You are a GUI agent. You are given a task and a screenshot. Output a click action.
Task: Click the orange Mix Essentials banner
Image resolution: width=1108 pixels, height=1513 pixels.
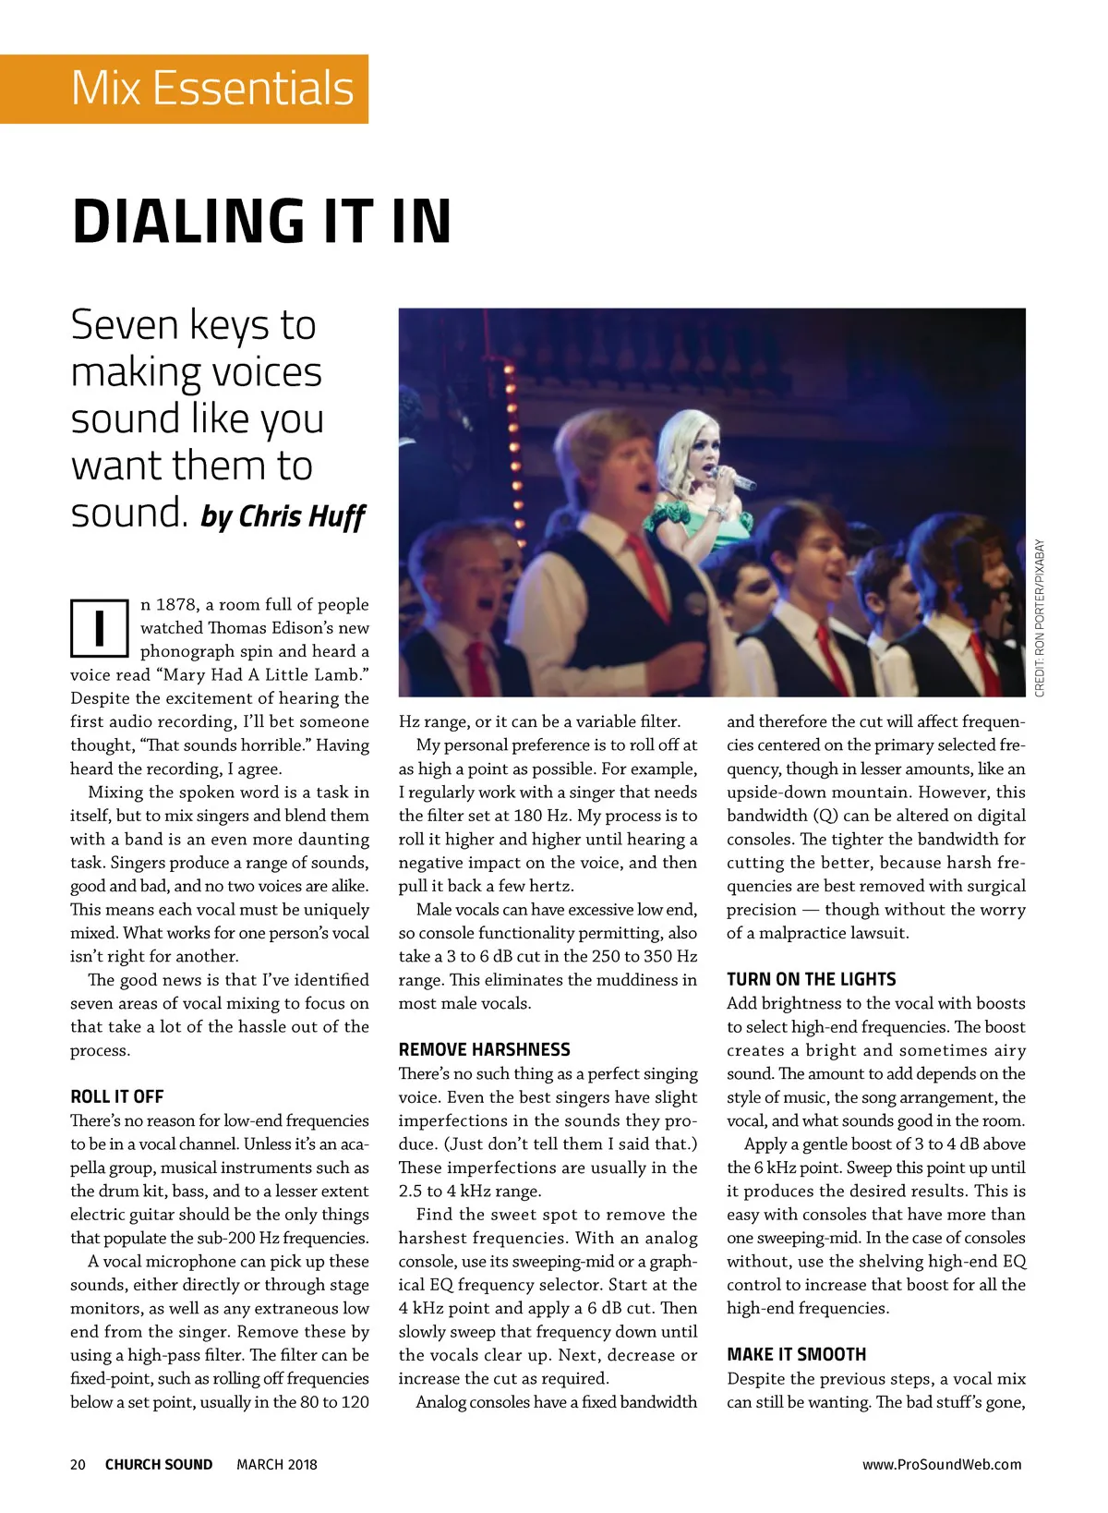pyautogui.click(x=185, y=89)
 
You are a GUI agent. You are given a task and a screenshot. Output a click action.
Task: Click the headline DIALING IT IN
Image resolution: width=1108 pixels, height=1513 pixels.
pyautogui.click(x=262, y=222)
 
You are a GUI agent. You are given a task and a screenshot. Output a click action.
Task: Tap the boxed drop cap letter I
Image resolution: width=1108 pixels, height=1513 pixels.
pyautogui.click(x=98, y=628)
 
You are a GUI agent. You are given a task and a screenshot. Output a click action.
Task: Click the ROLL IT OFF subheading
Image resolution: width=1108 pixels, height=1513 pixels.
pyautogui.click(x=117, y=1096)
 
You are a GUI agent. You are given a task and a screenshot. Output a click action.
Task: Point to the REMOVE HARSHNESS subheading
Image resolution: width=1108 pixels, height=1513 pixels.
pyautogui.click(x=484, y=1049)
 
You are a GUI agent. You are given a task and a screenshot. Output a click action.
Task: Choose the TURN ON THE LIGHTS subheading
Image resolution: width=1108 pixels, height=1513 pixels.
pyautogui.click(x=811, y=979)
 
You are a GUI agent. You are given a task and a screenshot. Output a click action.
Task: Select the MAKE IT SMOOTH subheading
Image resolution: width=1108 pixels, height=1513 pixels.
pyautogui.click(x=796, y=1354)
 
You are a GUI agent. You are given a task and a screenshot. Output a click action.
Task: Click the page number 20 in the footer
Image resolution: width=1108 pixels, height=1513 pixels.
pyautogui.click(x=78, y=1464)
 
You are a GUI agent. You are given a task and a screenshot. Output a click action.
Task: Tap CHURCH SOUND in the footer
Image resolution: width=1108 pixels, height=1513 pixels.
pyautogui.click(x=159, y=1464)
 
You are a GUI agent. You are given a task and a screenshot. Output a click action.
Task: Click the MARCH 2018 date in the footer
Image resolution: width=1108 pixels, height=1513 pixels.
pyautogui.click(x=276, y=1464)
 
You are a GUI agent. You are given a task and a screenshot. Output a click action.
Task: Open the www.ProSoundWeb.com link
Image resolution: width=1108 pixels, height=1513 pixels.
pyautogui.click(x=941, y=1464)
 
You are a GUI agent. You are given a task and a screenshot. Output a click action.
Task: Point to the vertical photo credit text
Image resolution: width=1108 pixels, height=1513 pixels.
pyautogui.click(x=1040, y=618)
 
